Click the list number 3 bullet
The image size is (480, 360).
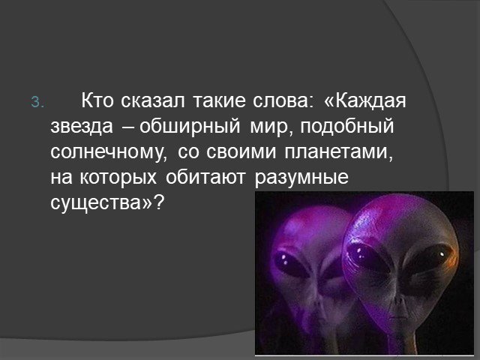click(x=37, y=102)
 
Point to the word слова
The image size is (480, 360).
click(x=283, y=100)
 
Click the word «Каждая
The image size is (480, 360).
click(x=365, y=101)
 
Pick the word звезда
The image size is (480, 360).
click(x=82, y=126)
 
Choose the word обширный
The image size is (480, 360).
click(x=190, y=126)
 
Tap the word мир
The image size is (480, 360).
click(x=270, y=127)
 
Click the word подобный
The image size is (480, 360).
click(x=347, y=126)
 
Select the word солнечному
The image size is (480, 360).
click(x=109, y=152)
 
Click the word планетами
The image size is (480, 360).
click(x=338, y=152)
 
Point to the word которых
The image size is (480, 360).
click(x=118, y=178)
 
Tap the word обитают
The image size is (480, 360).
click(x=205, y=177)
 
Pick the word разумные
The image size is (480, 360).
click(x=301, y=178)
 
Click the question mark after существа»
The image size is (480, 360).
click(x=160, y=202)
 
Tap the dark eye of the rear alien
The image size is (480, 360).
click(x=289, y=262)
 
